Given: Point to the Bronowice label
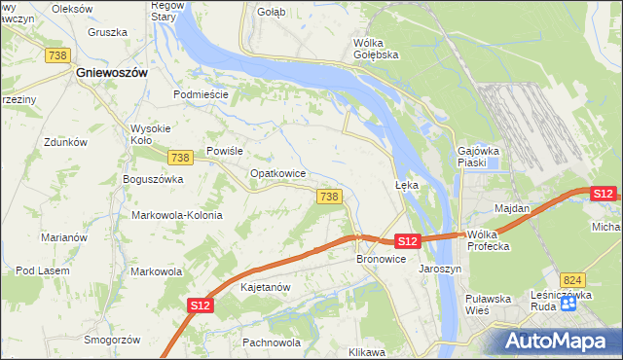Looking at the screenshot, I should pyautogui.click(x=381, y=260).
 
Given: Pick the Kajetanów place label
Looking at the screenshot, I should pyautogui.click(x=266, y=288).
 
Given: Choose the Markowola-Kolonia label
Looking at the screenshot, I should pyautogui.click(x=177, y=215).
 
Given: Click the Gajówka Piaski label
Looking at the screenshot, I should pyautogui.click(x=479, y=157).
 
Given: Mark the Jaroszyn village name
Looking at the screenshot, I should pyautogui.click(x=439, y=269).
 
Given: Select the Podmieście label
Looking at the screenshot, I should pyautogui.click(x=201, y=94).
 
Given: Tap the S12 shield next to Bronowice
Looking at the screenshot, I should pyautogui.click(x=408, y=240).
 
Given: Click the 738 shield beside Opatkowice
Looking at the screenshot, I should pyautogui.click(x=329, y=197).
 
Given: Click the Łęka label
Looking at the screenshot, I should pyautogui.click(x=406, y=184).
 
